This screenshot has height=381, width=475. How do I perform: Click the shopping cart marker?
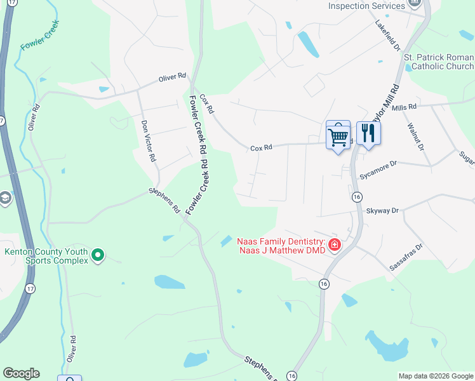pos(338,135)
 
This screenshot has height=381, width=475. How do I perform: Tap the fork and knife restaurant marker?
pos(368,133)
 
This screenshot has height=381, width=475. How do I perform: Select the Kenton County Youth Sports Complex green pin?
pos(97,256)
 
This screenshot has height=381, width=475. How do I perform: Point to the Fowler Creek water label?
pos(40,36)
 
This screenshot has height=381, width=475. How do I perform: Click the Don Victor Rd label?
pos(148,141)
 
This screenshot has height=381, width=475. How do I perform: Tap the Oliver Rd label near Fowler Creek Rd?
pos(172,77)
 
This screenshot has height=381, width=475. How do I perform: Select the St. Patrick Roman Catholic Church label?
pos(439,62)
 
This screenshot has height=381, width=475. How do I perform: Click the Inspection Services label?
pos(366,6)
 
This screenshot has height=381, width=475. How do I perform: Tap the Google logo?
pos(21,373)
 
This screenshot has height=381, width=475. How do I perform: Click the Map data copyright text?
pos(436,376)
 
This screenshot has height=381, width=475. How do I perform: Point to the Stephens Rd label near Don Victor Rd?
pos(165,199)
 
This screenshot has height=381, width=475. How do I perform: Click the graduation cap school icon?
pos(6,198)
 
